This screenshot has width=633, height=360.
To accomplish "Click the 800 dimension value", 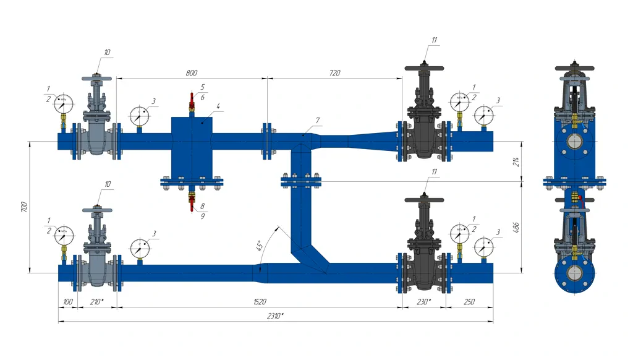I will (192, 73).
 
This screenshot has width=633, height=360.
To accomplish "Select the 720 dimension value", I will (334, 73).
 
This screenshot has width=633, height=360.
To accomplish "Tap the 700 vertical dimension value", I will (24, 207).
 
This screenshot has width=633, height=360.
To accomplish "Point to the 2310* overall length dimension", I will (276, 315).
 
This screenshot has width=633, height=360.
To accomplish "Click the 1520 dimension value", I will (260, 302).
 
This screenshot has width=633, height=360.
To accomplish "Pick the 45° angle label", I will (260, 245).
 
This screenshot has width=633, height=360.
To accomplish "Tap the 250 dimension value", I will (469, 302).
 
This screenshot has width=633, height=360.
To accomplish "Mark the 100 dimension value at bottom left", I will (67, 302).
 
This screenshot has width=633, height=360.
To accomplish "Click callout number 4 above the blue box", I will (218, 106).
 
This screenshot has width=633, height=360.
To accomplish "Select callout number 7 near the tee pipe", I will (318, 119).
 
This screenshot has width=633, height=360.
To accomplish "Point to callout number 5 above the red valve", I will (202, 87).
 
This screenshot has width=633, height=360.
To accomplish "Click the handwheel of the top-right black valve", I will (424, 67).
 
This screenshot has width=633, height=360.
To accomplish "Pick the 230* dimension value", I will (424, 302).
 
